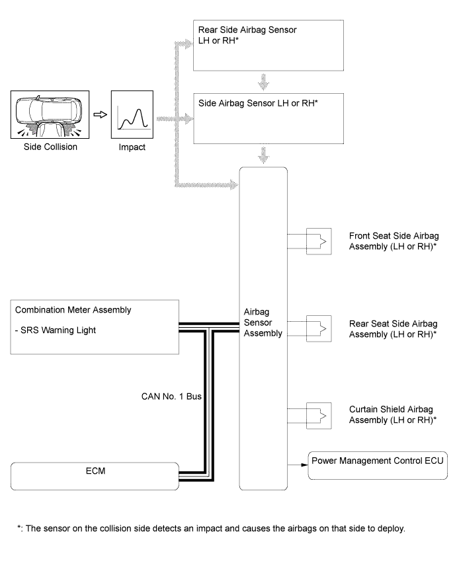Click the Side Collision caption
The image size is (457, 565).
(x=44, y=147)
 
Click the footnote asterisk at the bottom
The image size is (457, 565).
(x=19, y=527)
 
